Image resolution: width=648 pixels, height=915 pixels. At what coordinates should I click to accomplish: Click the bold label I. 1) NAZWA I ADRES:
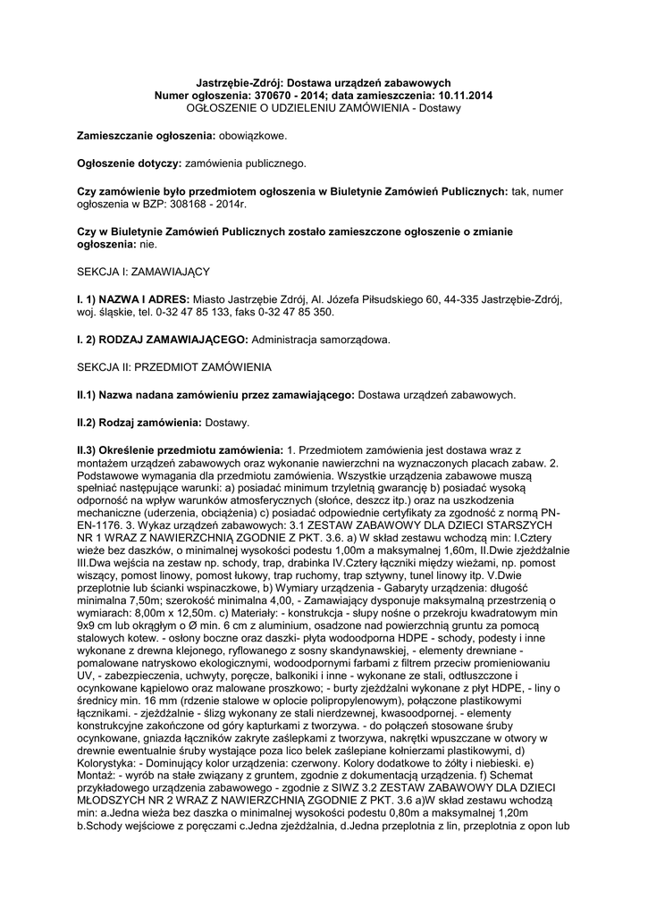pos(132,298)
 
